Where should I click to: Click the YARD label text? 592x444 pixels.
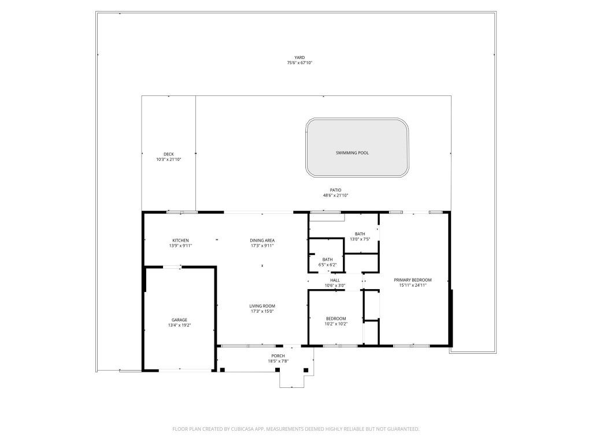[x=299, y=57]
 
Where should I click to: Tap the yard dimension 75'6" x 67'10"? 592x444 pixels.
[x=299, y=63]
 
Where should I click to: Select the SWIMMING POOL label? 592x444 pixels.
[x=352, y=153]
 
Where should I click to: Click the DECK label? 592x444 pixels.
[x=168, y=154]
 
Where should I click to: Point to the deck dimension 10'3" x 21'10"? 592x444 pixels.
[x=168, y=160]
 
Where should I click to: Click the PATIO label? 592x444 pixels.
[x=335, y=190]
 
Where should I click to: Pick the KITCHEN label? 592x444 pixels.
[x=180, y=240]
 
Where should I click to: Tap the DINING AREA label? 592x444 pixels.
[x=262, y=240]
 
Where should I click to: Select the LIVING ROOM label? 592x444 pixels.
[x=262, y=306]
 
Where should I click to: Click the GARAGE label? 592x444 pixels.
[x=179, y=320]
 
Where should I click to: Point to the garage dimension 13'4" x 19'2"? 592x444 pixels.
[x=179, y=325]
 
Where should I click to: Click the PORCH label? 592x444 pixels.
[x=278, y=356]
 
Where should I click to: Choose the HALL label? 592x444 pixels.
[x=335, y=280]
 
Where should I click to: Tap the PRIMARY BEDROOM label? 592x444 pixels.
[x=413, y=280]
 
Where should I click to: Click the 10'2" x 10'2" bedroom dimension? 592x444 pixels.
[x=336, y=324]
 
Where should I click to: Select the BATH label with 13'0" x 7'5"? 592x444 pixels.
[x=360, y=234]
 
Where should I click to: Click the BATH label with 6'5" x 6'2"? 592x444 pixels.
[x=327, y=260]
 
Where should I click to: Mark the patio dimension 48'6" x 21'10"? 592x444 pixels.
[x=335, y=195]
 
